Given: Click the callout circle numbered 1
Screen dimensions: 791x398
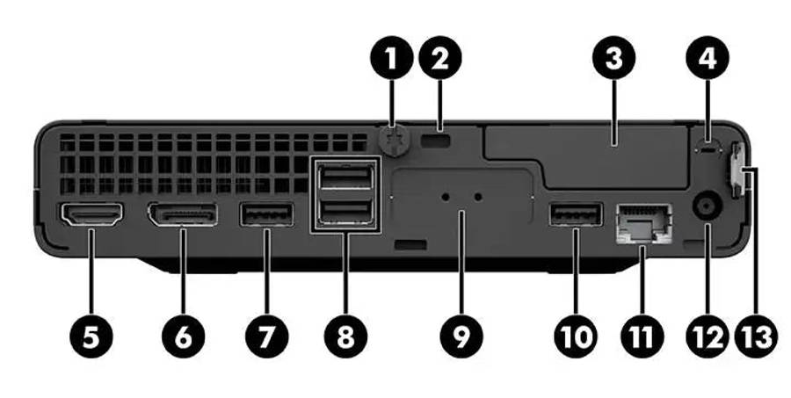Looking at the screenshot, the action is pyautogui.click(x=391, y=57).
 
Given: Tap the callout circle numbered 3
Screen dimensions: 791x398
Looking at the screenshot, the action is pyautogui.click(x=613, y=57).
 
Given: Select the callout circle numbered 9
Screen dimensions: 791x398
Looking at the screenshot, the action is pyautogui.click(x=461, y=336).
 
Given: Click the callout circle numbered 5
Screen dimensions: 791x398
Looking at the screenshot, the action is pyautogui.click(x=91, y=336).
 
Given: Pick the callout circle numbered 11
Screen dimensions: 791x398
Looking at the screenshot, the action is pyautogui.click(x=642, y=336).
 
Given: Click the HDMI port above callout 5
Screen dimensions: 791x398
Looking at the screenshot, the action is pyautogui.click(x=91, y=214).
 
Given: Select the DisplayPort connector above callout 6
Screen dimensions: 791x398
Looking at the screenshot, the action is pyautogui.click(x=182, y=214).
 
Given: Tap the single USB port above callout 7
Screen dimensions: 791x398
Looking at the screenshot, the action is pyautogui.click(x=267, y=214).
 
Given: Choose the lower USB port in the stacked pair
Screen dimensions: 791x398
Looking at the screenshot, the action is pyautogui.click(x=346, y=212).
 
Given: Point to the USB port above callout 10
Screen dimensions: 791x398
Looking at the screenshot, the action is pyautogui.click(x=576, y=213).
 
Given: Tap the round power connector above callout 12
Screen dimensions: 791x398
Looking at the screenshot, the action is pyautogui.click(x=708, y=206).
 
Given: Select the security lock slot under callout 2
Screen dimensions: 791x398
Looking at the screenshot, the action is pyautogui.click(x=435, y=141).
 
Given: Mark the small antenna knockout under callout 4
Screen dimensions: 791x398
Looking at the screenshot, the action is pyautogui.click(x=708, y=148).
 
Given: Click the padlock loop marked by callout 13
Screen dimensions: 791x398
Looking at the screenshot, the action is pyautogui.click(x=736, y=171).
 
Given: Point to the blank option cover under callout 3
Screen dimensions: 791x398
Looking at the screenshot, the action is pyautogui.click(x=585, y=156).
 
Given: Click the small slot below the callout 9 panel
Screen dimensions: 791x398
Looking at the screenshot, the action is pyautogui.click(x=411, y=245).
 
